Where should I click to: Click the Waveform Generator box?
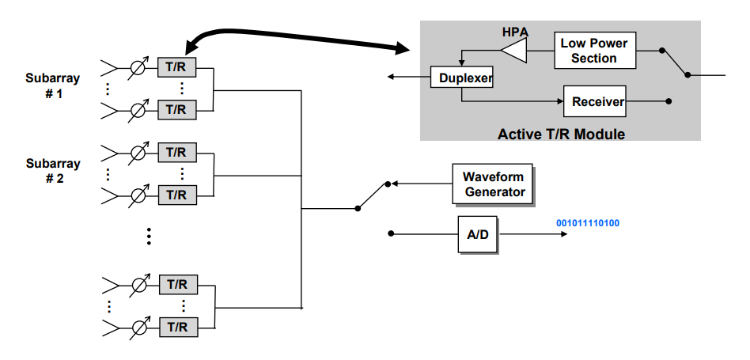(492, 184)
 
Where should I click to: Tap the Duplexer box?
(461, 78)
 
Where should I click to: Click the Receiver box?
(597, 101)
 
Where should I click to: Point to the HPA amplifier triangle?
(513, 52)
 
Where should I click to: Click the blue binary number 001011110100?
(588, 223)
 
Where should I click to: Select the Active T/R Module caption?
(561, 134)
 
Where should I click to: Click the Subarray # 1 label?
(53, 85)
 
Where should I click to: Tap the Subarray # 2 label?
(53, 170)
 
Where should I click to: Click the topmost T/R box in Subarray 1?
(176, 66)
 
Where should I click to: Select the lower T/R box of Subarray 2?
(176, 194)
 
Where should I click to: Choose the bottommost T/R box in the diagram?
(176, 326)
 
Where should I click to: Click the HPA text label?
(515, 32)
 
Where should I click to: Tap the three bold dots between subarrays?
(148, 236)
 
